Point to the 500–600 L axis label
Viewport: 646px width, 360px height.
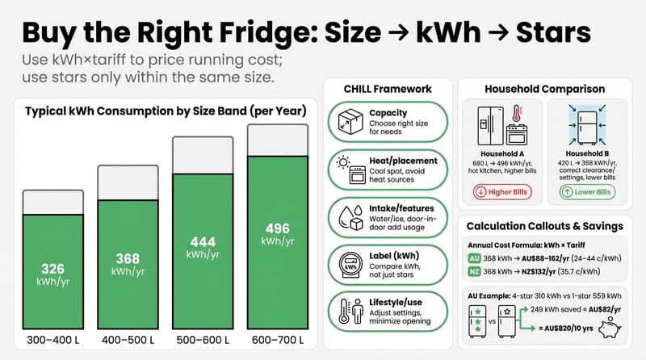point(202,339)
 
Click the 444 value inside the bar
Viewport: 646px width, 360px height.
point(202,242)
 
